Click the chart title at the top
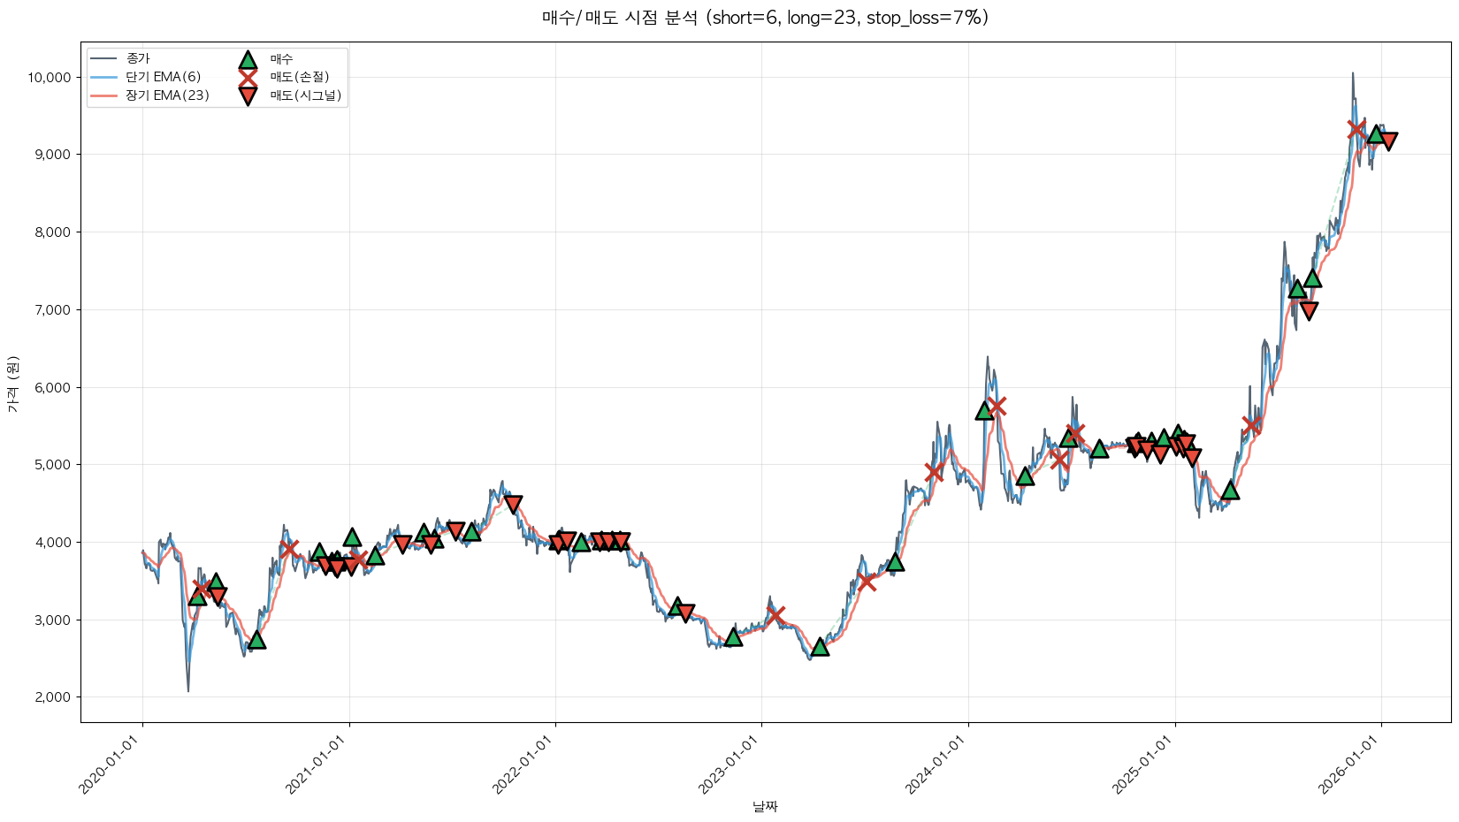tap(765, 18)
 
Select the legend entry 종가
tap(138, 59)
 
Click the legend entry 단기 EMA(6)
tap(163, 77)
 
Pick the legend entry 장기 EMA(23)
tap(167, 95)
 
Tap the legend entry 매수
tap(281, 59)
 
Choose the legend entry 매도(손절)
tap(299, 77)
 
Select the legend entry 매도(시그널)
tap(305, 95)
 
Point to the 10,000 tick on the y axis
tap(50, 78)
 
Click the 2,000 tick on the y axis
tap(53, 697)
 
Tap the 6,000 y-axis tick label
tap(53, 387)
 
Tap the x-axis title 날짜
tap(765, 806)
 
